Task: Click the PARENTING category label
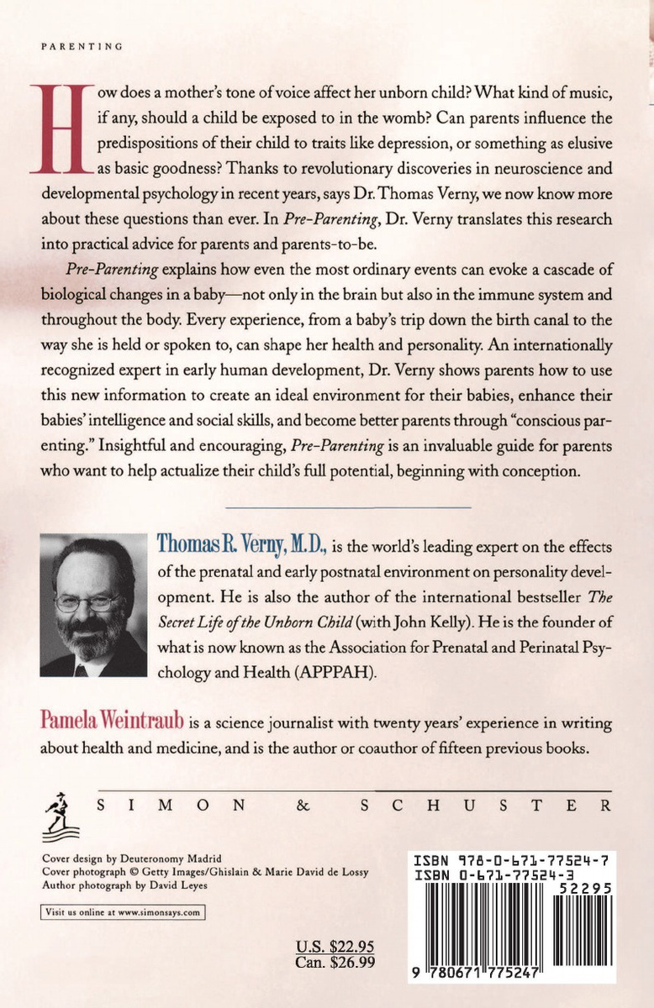tap(82, 47)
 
